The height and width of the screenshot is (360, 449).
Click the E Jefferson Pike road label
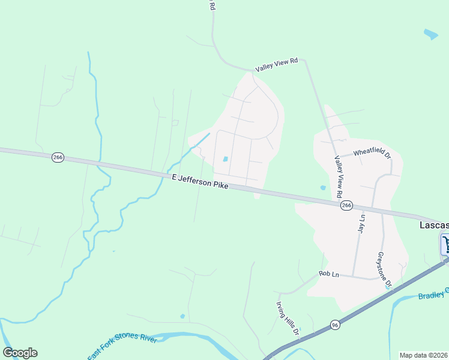point(200,182)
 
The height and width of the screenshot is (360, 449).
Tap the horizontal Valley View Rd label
point(276,65)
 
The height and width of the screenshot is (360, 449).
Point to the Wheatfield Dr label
point(372,154)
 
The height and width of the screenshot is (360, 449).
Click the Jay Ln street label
point(361,225)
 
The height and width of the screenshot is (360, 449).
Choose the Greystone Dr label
point(384,269)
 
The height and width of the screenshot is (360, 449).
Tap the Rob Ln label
point(329,274)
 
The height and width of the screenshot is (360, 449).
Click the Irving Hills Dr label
point(288,319)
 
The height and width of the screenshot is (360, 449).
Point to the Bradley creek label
point(433,295)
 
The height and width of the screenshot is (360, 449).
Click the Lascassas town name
point(433,225)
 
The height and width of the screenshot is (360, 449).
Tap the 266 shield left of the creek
point(58,157)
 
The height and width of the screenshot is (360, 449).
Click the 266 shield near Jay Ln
point(346,205)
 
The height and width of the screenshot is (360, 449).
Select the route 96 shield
point(335,325)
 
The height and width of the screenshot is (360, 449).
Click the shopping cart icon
point(445,244)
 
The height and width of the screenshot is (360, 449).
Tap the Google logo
point(20,353)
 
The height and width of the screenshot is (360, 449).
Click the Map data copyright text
point(423,355)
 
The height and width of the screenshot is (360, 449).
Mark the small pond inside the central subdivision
point(225,159)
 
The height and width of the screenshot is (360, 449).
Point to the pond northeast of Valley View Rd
point(430,34)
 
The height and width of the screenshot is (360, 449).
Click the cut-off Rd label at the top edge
point(211,5)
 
